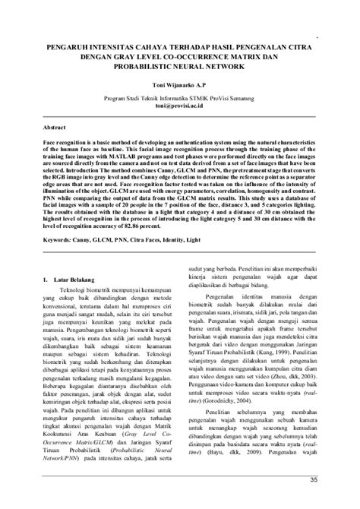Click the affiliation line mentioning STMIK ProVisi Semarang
pyautogui.click(x=181, y=98)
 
